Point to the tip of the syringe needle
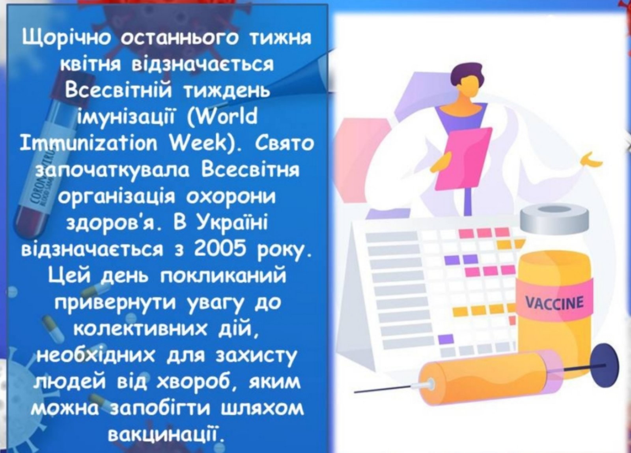pos(355,392)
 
